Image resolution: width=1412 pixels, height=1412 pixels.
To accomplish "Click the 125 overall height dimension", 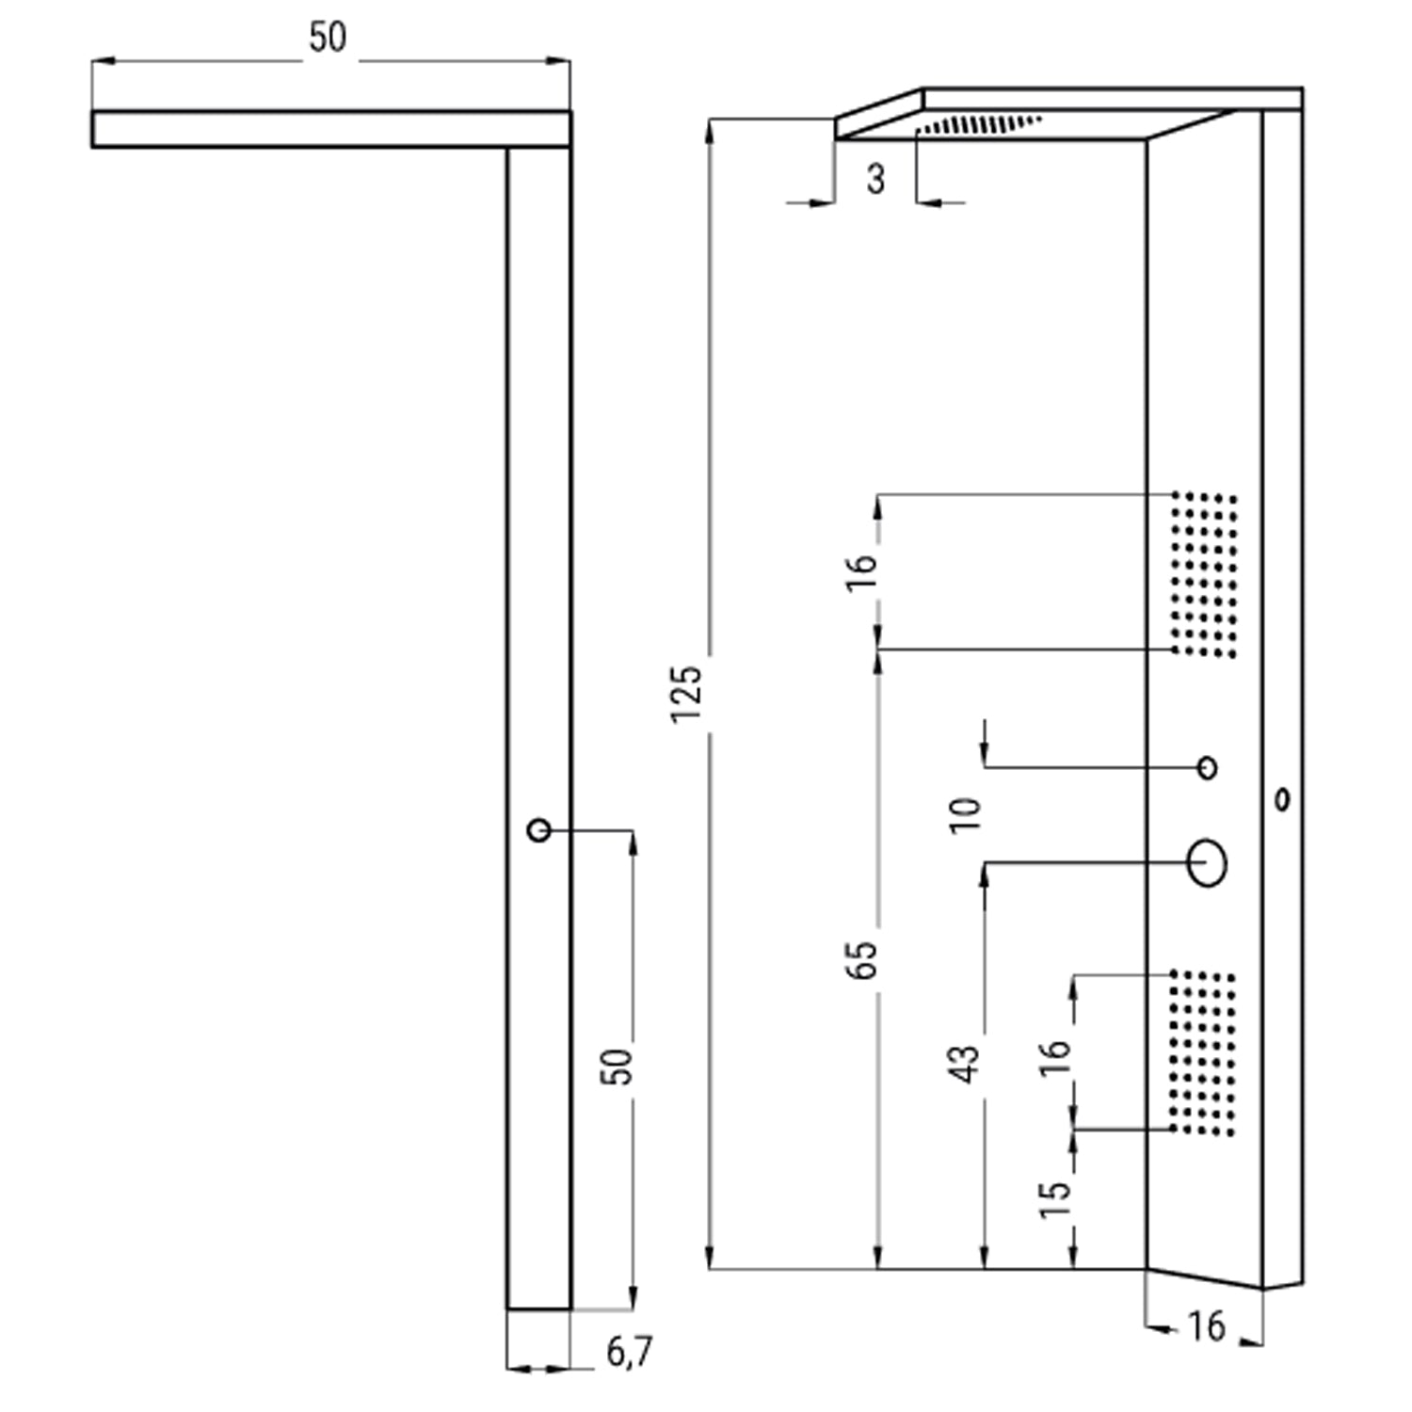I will pyautogui.click(x=687, y=694).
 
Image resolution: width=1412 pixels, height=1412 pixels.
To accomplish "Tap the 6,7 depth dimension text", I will pyautogui.click(x=629, y=1353).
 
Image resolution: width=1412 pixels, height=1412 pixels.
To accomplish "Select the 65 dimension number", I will pyautogui.click(x=861, y=959).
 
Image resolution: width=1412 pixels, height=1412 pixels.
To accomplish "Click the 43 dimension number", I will pyautogui.click(x=967, y=1063).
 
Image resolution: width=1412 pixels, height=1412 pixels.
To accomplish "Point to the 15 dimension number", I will pyautogui.click(x=1055, y=1199).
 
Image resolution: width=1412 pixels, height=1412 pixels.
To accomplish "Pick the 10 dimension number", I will pyautogui.click(x=966, y=814).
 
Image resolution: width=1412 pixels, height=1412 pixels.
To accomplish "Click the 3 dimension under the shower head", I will pyautogui.click(x=876, y=178).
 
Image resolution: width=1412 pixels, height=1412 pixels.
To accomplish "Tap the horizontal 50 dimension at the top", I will pyautogui.click(x=328, y=38).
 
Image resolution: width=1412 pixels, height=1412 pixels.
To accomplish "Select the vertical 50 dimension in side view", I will pyautogui.click(x=618, y=1067).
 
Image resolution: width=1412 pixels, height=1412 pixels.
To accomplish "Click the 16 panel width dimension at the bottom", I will pyautogui.click(x=1206, y=1326).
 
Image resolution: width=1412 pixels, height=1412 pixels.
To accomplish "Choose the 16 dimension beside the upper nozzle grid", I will pyautogui.click(x=861, y=570).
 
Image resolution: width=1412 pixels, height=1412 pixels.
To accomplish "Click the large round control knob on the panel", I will pyautogui.click(x=1207, y=863).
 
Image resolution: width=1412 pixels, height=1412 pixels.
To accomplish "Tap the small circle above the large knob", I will pyautogui.click(x=1208, y=767).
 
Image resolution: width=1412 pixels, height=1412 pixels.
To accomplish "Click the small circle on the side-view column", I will pyautogui.click(x=538, y=830).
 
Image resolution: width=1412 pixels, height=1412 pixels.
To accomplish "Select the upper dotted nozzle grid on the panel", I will pyautogui.click(x=1204, y=573).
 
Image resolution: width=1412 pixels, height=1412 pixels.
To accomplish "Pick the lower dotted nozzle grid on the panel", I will pyautogui.click(x=1203, y=1052).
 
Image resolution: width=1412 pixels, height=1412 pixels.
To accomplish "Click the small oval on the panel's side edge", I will pyautogui.click(x=1281, y=800).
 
